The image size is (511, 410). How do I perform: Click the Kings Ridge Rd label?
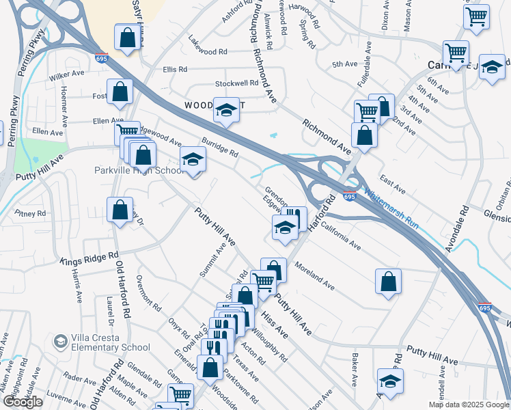(x=90, y=259)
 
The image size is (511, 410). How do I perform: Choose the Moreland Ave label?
(x=314, y=274)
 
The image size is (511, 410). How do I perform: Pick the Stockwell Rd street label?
(x=236, y=83)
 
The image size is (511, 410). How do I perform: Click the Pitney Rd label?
(x=31, y=214)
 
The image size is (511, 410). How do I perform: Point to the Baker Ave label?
(x=355, y=368)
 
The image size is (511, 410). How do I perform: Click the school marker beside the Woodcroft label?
(x=225, y=109)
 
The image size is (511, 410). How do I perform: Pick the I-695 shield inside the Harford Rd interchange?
(x=349, y=197)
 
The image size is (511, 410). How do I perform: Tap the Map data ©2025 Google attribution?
(x=468, y=405)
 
